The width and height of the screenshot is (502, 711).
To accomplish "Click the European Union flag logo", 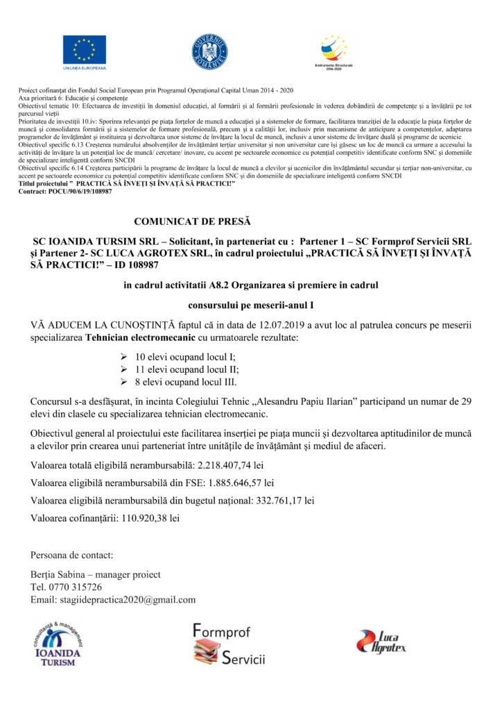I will click(x=85, y=51).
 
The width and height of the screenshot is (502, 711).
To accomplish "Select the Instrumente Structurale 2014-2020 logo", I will click(x=334, y=51).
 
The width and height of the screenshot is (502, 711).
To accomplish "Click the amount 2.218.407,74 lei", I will click(x=231, y=464).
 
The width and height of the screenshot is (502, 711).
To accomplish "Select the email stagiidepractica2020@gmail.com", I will click(x=130, y=599).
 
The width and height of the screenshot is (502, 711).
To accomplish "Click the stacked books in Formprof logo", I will click(x=205, y=652).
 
